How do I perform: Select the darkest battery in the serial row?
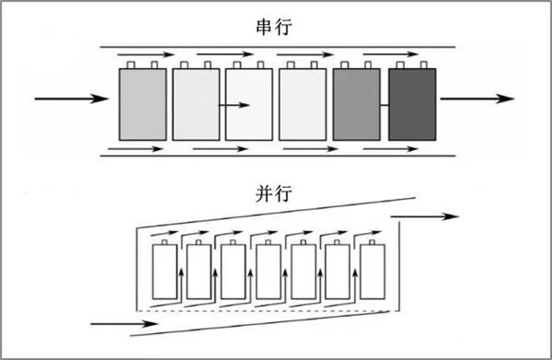(x=412, y=104)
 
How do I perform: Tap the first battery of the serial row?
(x=144, y=104)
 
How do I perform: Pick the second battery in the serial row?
(x=197, y=104)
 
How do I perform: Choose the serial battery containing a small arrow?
(x=249, y=104)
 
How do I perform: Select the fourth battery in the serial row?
(x=303, y=104)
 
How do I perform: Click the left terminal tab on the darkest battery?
(x=401, y=64)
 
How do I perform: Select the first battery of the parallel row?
(x=164, y=273)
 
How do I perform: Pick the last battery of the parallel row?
(x=373, y=273)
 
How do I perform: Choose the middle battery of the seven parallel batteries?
(x=268, y=273)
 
